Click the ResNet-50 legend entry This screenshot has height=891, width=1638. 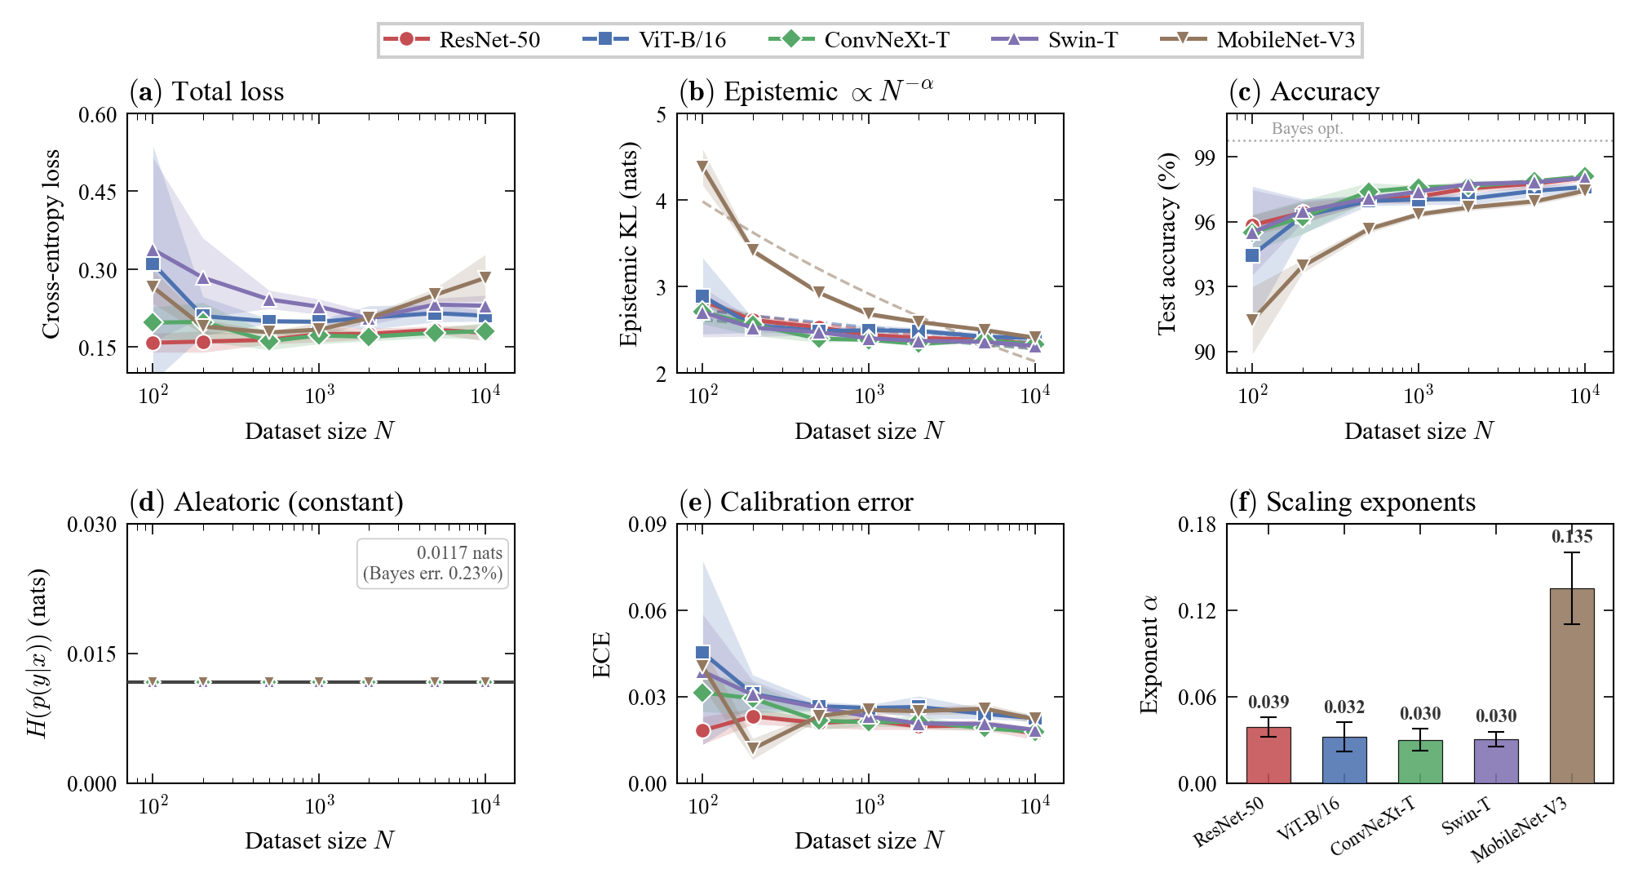pyautogui.click(x=462, y=39)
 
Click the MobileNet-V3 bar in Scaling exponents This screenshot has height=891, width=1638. pyautogui.click(x=1572, y=685)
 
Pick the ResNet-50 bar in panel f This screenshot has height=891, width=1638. pyautogui.click(x=1268, y=755)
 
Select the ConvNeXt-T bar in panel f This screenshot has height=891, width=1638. pyautogui.click(x=1420, y=761)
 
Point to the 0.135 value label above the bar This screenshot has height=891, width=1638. pyautogui.click(x=1572, y=537)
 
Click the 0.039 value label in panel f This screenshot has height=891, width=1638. pyautogui.click(x=1268, y=703)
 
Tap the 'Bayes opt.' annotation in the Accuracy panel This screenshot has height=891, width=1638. pyautogui.click(x=1307, y=129)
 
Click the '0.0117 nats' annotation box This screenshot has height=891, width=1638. pyautogui.click(x=432, y=563)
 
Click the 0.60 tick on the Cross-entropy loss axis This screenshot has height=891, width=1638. pyautogui.click(x=97, y=114)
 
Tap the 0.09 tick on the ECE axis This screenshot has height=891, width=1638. pyautogui.click(x=647, y=525)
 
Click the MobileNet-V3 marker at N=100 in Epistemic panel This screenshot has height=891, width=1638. pyautogui.click(x=702, y=166)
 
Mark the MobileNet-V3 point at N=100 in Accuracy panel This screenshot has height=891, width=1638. pyautogui.click(x=1252, y=320)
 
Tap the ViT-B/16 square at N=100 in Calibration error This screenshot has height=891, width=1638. pyautogui.click(x=702, y=652)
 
